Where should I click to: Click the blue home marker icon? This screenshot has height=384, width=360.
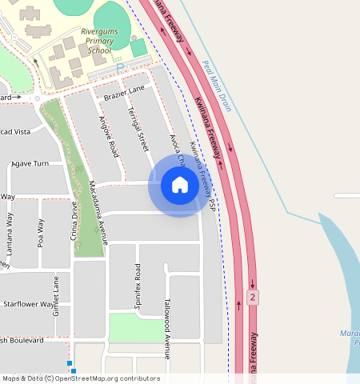pos(180,186)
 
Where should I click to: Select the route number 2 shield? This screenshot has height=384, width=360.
pos(253,298)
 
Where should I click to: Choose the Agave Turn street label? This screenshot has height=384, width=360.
pos(32,163)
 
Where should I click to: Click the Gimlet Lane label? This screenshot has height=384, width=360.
pos(56,294)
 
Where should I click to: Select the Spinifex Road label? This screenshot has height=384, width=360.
pos(138,286)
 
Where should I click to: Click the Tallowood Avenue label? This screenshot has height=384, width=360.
pos(167,328)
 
